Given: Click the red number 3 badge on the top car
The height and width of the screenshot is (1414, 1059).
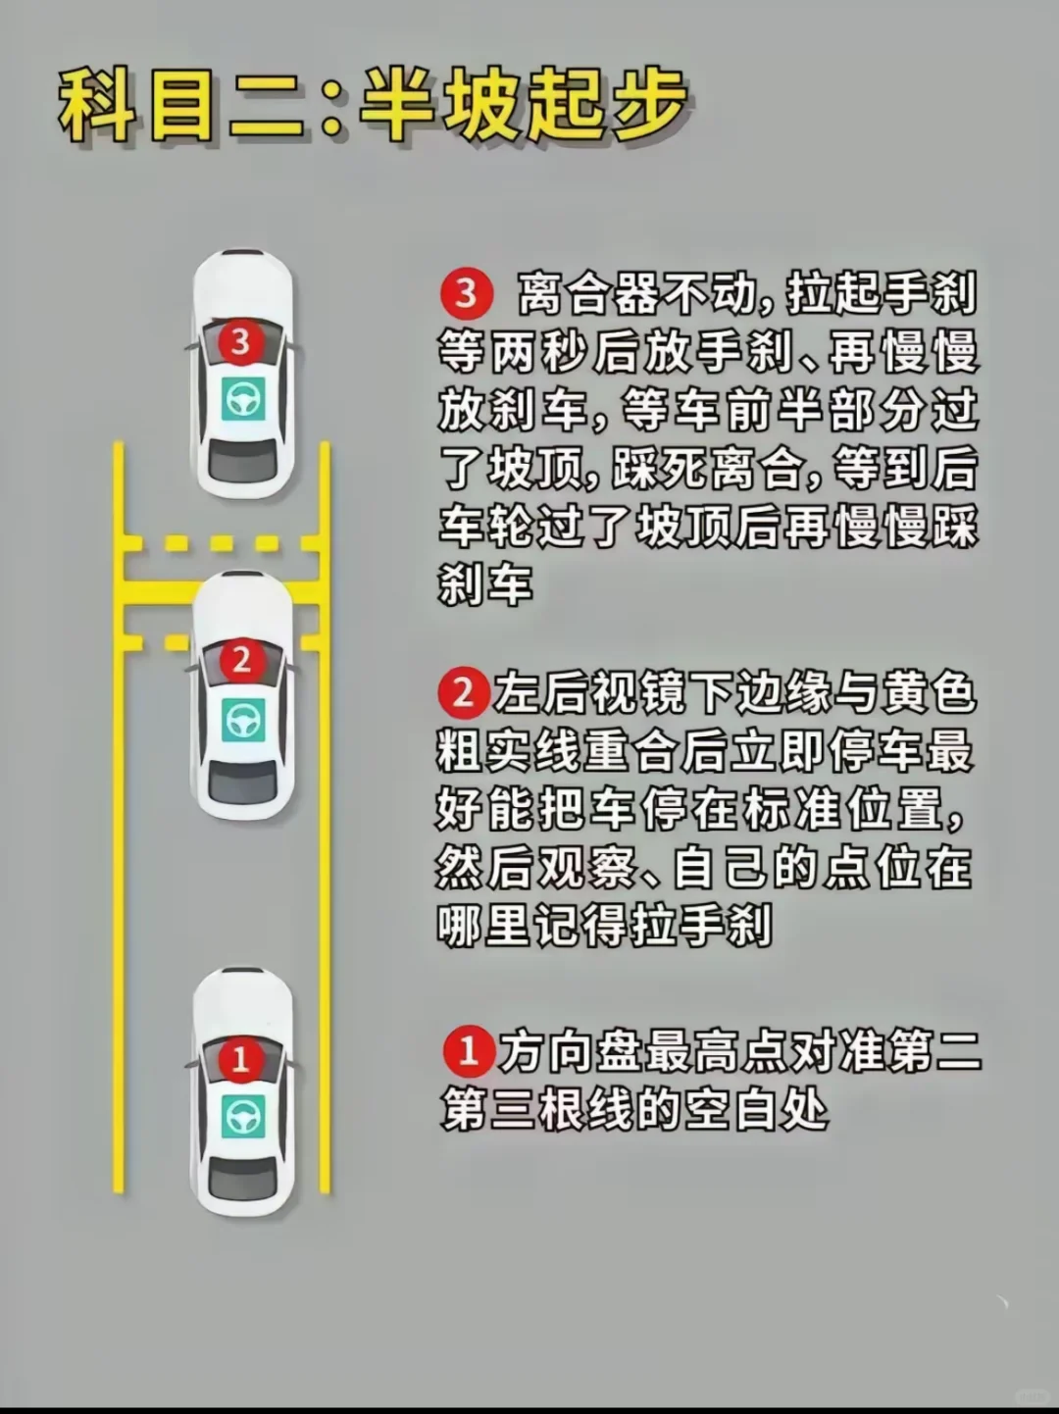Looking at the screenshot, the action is click(x=240, y=342).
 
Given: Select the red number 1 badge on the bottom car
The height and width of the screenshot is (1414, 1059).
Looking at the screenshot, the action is click(x=240, y=1060).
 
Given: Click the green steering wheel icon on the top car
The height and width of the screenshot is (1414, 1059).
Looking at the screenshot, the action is click(x=243, y=399).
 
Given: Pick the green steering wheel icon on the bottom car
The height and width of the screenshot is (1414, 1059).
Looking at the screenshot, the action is click(x=243, y=1118).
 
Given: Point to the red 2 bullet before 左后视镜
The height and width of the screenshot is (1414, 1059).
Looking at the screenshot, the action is click(x=463, y=694).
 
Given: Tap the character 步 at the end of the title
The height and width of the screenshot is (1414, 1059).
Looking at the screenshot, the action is click(x=647, y=106).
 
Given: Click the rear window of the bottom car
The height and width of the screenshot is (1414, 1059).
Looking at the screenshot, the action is click(x=243, y=1179).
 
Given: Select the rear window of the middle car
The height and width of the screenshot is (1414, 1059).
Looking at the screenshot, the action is click(x=243, y=782).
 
